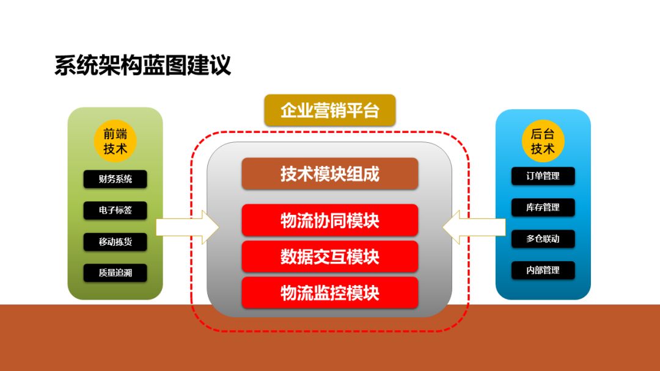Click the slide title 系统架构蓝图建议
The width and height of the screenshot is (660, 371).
tap(142, 65)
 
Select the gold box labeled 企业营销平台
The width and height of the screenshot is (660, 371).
tap(329, 110)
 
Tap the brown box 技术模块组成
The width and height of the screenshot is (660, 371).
tap(329, 173)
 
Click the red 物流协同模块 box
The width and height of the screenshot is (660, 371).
tap(329, 220)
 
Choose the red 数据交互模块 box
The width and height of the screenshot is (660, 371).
tap(329, 256)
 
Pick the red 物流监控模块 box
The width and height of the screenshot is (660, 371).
tap(329, 293)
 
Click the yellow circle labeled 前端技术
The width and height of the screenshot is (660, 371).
tap(115, 141)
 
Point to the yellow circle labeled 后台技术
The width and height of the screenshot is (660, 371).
tap(543, 141)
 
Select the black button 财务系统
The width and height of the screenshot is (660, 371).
tap(115, 179)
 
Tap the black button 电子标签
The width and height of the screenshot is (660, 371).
tap(115, 210)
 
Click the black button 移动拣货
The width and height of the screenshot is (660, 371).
tap(115, 242)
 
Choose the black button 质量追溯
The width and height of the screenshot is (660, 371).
tap(115, 273)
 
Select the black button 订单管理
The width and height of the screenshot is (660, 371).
tap(543, 176)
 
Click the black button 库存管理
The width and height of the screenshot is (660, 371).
tap(543, 207)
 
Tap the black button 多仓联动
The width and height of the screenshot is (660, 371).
tap(543, 239)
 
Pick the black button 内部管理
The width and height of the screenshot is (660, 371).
tap(543, 270)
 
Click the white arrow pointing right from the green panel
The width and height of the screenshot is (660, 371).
tap(188, 228)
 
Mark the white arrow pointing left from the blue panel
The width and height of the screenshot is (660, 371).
tap(474, 228)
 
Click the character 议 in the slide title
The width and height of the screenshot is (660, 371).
tap(220, 65)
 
